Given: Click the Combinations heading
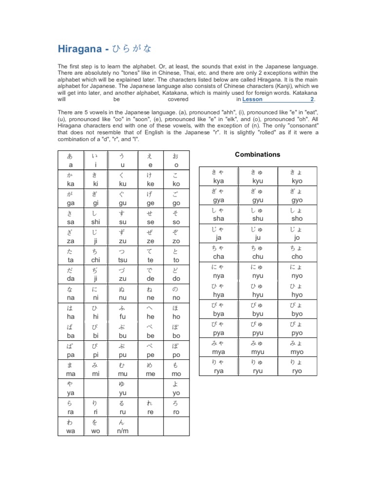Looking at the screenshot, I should (x=258, y=154).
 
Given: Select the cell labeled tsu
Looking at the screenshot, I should (x=122, y=256).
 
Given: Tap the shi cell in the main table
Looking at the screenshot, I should (x=95, y=218).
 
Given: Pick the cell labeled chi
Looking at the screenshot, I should (x=95, y=256).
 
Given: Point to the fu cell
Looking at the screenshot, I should (x=122, y=313).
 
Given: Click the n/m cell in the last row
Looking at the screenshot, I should (x=122, y=427).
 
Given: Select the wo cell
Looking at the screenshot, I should (x=95, y=427).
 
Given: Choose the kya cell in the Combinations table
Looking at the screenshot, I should (x=219, y=177).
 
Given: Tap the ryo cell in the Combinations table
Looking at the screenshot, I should (x=297, y=366).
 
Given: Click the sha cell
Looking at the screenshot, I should (x=219, y=214).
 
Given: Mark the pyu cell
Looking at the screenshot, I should (x=258, y=328).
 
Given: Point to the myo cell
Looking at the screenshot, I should (x=297, y=347).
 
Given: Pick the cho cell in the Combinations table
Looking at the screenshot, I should (x=297, y=252).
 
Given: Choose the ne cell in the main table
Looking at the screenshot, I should (x=150, y=294).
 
